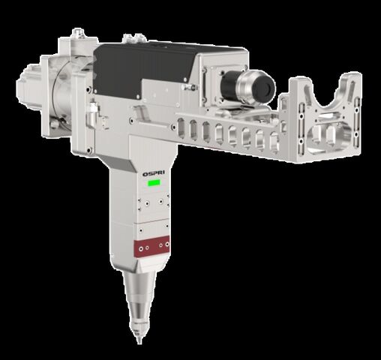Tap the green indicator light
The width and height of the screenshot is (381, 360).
click(x=154, y=183)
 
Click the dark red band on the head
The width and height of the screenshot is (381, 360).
click(x=151, y=246)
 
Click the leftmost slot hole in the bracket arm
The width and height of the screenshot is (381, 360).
click(x=181, y=128)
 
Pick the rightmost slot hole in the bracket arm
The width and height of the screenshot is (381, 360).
click(x=274, y=142)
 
